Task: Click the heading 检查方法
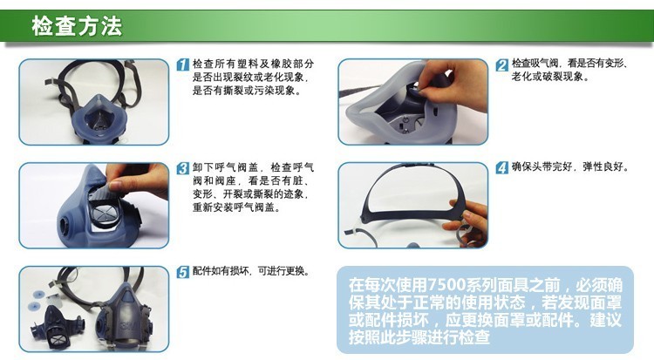tap(77, 26)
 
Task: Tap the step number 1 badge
tap(183, 65)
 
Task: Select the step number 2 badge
tap(502, 65)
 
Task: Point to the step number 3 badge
tap(183, 168)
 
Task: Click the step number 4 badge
tap(502, 167)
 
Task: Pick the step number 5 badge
tap(183, 272)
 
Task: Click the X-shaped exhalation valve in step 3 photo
tap(106, 214)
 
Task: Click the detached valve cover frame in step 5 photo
tap(57, 327)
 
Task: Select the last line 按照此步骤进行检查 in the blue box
tap(419, 336)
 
